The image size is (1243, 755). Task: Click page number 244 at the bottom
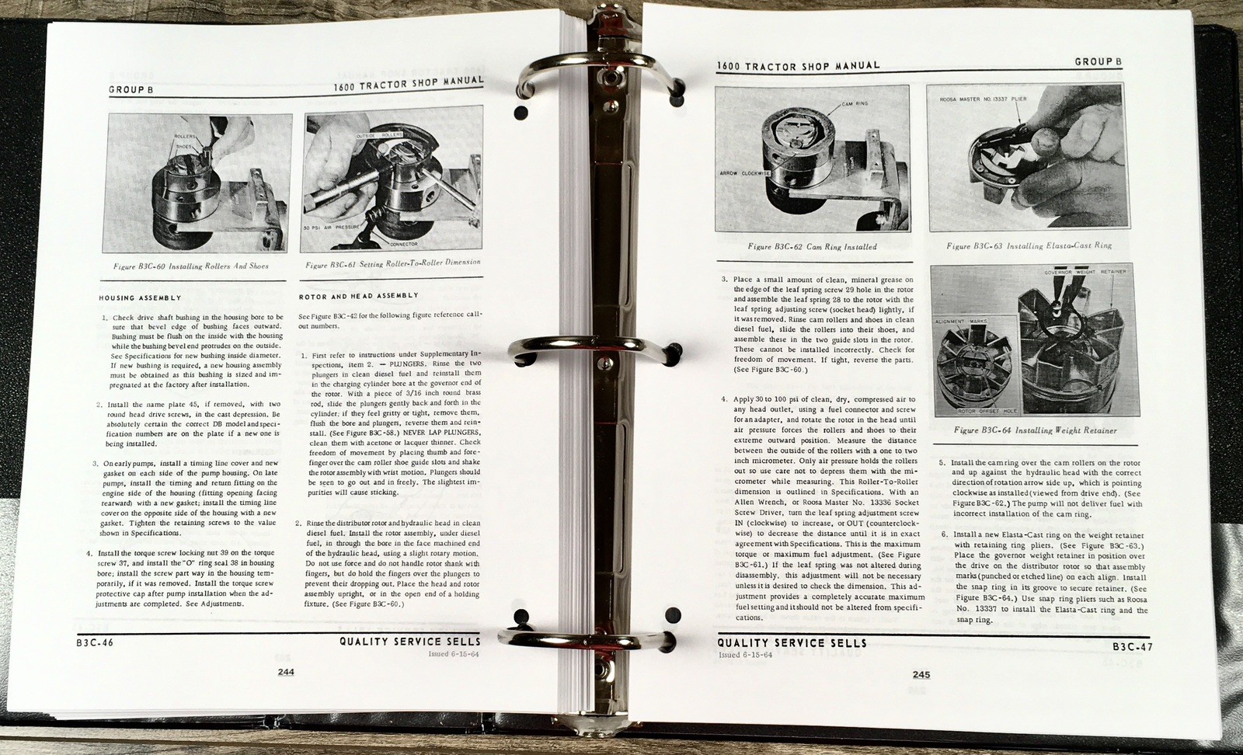click(286, 673)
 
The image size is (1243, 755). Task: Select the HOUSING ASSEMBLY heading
click(140, 298)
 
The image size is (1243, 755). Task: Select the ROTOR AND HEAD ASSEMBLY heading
click(358, 296)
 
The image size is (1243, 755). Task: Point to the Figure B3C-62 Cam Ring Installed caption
click(812, 247)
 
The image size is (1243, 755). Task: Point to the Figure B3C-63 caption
click(1029, 245)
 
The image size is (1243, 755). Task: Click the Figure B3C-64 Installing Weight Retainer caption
click(1036, 430)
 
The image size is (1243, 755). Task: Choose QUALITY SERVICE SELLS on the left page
click(409, 642)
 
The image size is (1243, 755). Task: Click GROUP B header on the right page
click(1099, 61)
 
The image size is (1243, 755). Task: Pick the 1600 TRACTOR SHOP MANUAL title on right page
click(799, 66)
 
